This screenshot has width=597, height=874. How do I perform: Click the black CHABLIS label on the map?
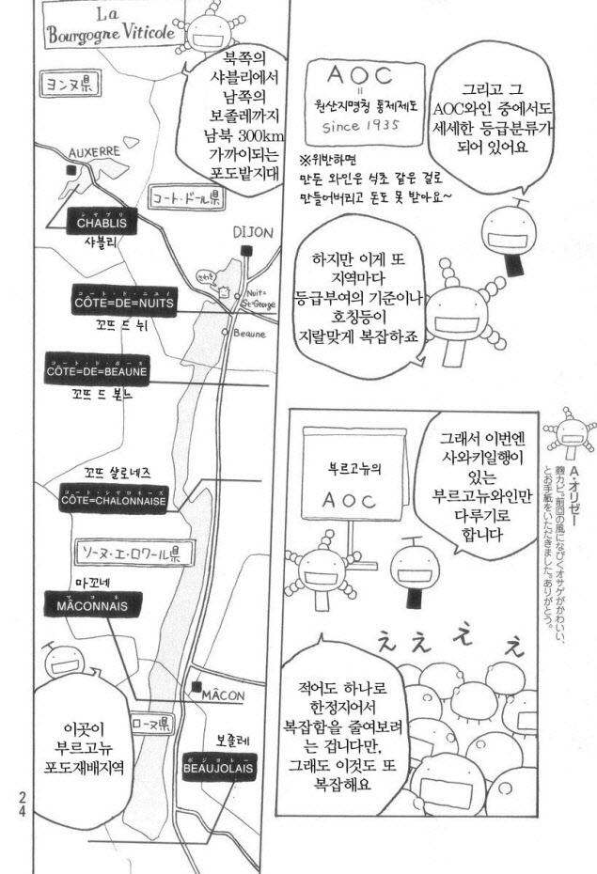[x=102, y=223]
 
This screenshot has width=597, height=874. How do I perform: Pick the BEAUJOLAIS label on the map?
[x=220, y=767]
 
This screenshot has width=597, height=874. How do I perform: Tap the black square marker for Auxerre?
[x=71, y=170]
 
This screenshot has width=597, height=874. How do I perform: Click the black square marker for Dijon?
[x=246, y=250]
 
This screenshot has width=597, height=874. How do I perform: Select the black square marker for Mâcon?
[x=196, y=687]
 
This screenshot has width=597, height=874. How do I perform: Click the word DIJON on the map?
[x=252, y=232]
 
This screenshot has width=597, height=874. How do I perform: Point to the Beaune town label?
[x=249, y=334]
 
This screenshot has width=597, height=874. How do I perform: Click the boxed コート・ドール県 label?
[x=186, y=200]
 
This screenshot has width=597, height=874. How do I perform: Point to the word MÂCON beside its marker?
[x=223, y=695]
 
